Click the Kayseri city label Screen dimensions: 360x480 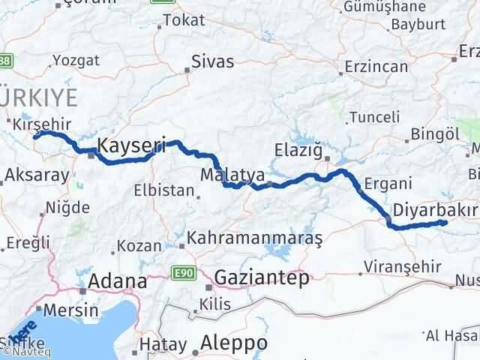tap(131, 146)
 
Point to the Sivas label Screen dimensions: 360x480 tap(212, 61)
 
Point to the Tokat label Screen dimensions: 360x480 tap(183, 20)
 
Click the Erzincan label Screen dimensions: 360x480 tap(376, 66)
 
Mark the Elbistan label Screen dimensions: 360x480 tap(165, 190)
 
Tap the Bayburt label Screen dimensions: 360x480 tap(415, 24)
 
